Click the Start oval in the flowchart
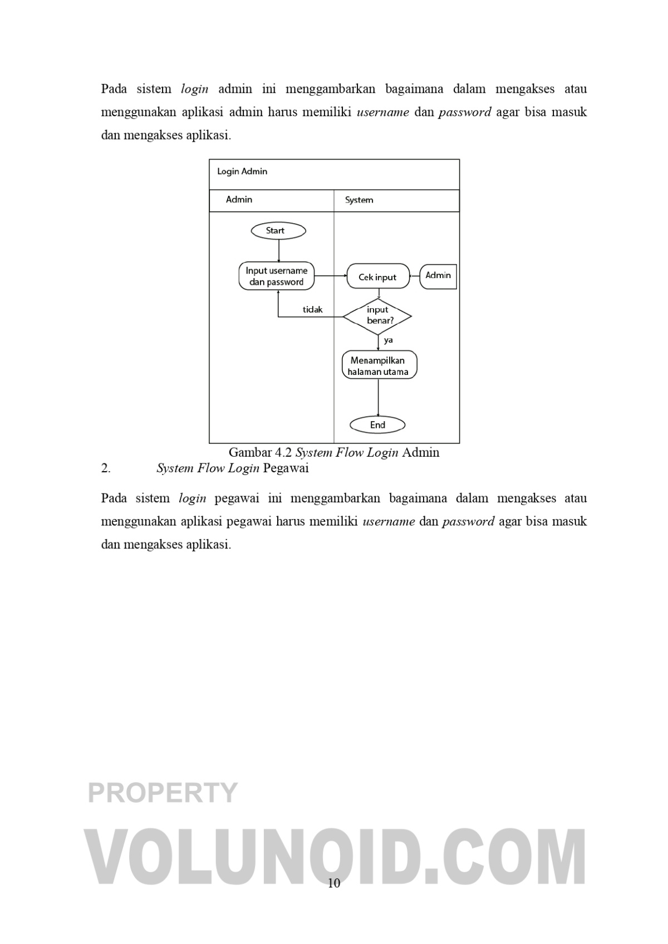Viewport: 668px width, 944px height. coord(278,230)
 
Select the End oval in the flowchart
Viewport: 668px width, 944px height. coord(377,425)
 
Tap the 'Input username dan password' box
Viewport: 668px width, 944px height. coord(277,276)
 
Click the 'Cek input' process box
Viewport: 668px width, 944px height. coord(377,277)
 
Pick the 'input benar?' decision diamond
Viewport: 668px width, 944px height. coord(377,316)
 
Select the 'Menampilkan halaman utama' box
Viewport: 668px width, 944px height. coord(379,365)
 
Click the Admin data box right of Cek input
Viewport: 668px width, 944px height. coord(438,275)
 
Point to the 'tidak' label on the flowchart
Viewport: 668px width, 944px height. coord(312,310)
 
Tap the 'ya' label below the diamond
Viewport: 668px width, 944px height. coord(389,340)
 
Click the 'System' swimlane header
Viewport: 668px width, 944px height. coord(359,200)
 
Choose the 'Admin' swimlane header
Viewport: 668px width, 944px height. coord(239,200)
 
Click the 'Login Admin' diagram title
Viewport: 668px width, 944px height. coord(242,171)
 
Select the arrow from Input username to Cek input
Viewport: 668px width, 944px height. coord(331,276)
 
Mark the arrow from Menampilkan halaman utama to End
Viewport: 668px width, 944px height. coord(379,398)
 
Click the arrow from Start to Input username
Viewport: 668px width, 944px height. coord(278,250)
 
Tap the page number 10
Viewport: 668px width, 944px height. coord(334,883)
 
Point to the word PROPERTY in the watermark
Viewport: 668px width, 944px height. coord(163,792)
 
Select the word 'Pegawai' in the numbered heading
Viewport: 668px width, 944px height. coord(286,468)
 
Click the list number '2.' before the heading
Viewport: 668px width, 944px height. coord(106,468)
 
